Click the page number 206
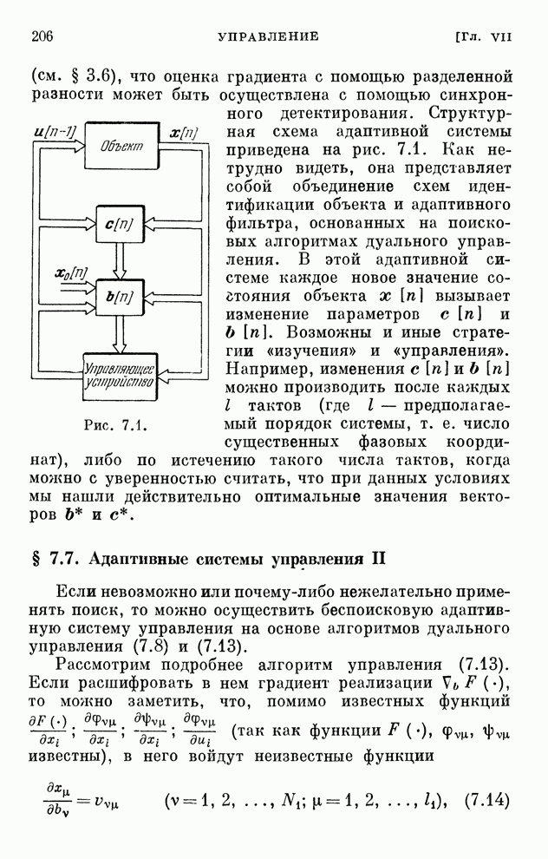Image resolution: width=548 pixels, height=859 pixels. [42, 36]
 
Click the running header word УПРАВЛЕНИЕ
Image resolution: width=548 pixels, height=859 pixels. [268, 36]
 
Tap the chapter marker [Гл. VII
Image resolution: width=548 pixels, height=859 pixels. [485, 36]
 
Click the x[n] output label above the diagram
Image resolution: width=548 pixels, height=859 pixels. [183, 132]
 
